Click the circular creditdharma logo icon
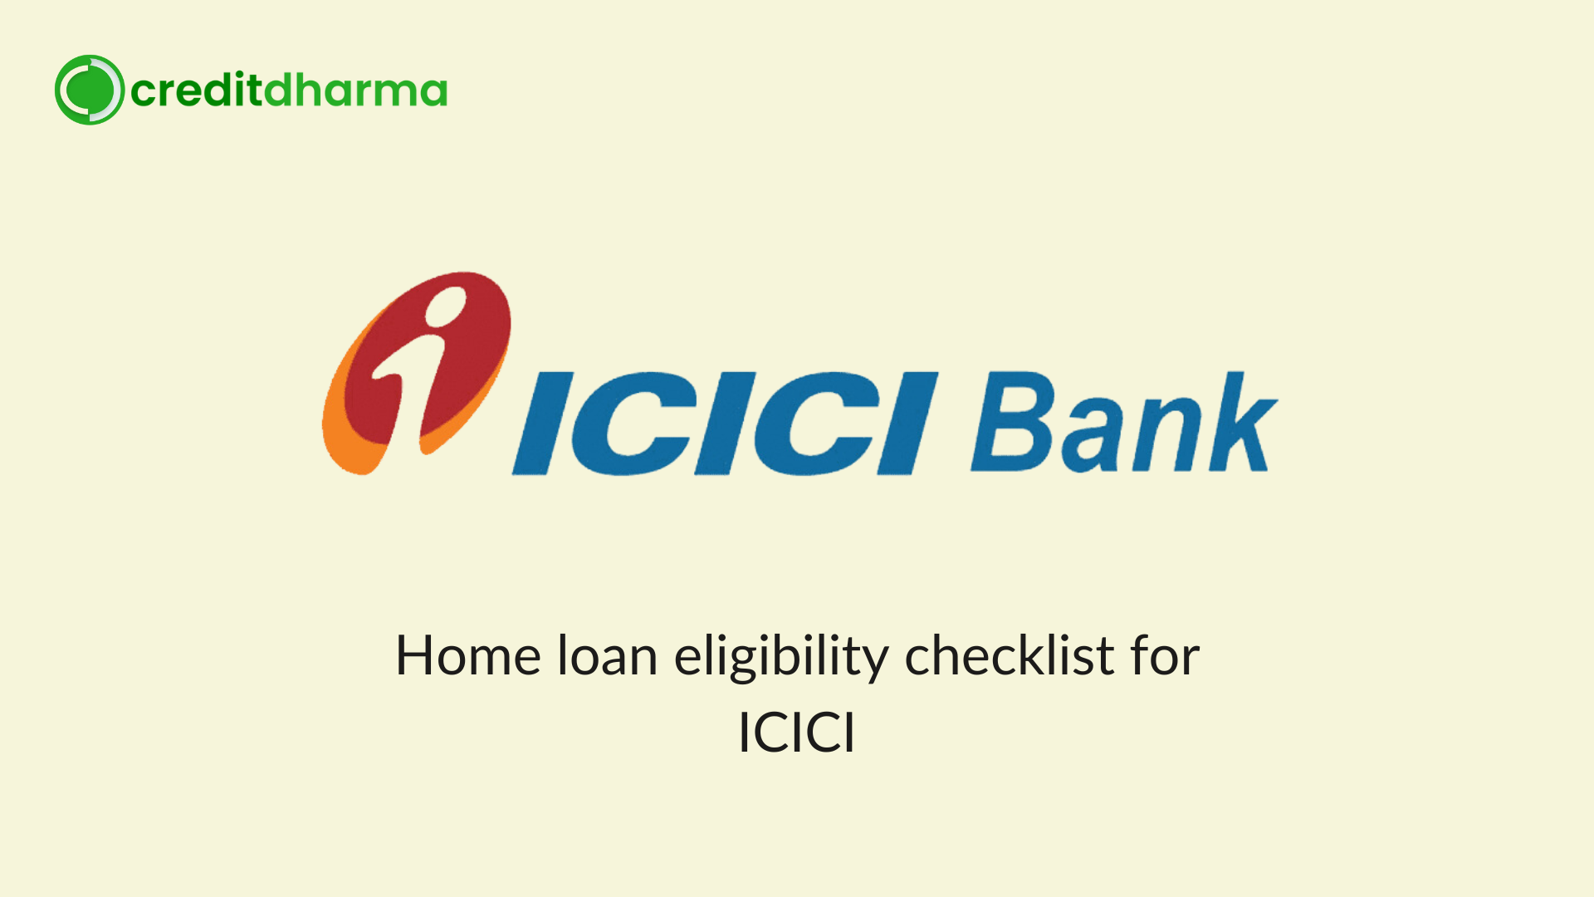coord(90,90)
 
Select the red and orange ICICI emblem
coord(417,373)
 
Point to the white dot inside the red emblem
coord(447,306)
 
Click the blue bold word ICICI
coord(725,424)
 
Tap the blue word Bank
coord(1124,422)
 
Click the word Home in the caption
coord(469,656)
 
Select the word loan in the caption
coord(608,655)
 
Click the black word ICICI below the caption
coord(797,733)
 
